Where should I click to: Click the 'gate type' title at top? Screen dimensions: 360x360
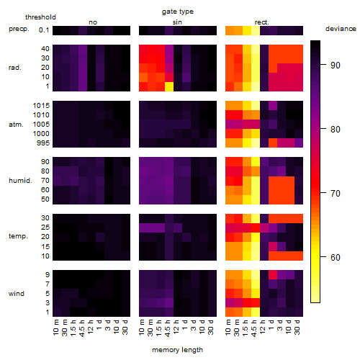pyautogui.click(x=178, y=12)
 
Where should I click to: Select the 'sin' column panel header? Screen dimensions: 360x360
pyautogui.click(x=177, y=22)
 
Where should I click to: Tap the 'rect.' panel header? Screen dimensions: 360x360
pyautogui.click(x=261, y=22)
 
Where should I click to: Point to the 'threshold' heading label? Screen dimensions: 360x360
pyautogui.click(x=40, y=17)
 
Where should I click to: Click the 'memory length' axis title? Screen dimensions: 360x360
pyautogui.click(x=177, y=350)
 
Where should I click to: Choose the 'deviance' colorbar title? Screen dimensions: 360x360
pyautogui.click(x=341, y=29)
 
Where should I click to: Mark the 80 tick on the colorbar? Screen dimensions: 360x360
pyautogui.click(x=323, y=129)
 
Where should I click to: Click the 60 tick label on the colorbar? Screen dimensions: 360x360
pyautogui.click(x=336, y=257)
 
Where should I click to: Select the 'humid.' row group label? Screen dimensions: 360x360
pyautogui.click(x=20, y=181)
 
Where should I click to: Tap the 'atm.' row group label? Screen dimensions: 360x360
pyautogui.click(x=16, y=125)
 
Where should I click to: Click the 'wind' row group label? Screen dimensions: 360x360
pyautogui.click(x=17, y=294)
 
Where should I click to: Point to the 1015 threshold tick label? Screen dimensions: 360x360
pyautogui.click(x=41, y=105)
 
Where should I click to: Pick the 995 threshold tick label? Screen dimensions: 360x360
pyautogui.click(x=43, y=143)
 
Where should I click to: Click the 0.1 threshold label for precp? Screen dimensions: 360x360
pyautogui.click(x=44, y=30)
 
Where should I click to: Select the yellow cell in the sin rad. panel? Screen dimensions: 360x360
pyautogui.click(x=169, y=86)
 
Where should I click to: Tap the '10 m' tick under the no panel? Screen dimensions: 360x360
pyautogui.click(x=55, y=327)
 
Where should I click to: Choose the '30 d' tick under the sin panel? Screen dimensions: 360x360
pyautogui.click(x=211, y=327)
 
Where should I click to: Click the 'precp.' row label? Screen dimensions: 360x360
pyautogui.click(x=19, y=29)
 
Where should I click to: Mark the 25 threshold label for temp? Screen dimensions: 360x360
pyautogui.click(x=45, y=227)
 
